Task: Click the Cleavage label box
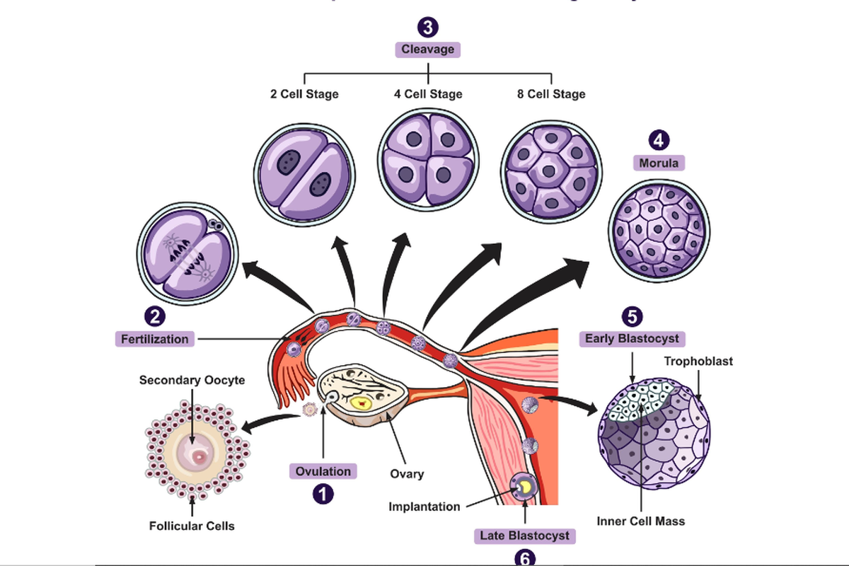pos(428,50)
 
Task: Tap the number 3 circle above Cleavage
pos(428,28)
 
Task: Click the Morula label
pos(659,163)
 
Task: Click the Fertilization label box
pos(155,339)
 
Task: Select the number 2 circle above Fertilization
pos(155,316)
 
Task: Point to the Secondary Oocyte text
pos(192,381)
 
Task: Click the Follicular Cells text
pos(192,526)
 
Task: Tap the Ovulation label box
pos(323,471)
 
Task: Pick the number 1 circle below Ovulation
pos(323,494)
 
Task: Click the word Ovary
pos(407,473)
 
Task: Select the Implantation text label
pos(424,507)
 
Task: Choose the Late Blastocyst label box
pos(524,536)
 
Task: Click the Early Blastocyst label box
pos(632,338)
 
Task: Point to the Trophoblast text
pos(698,361)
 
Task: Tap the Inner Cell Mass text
pos(640,521)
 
